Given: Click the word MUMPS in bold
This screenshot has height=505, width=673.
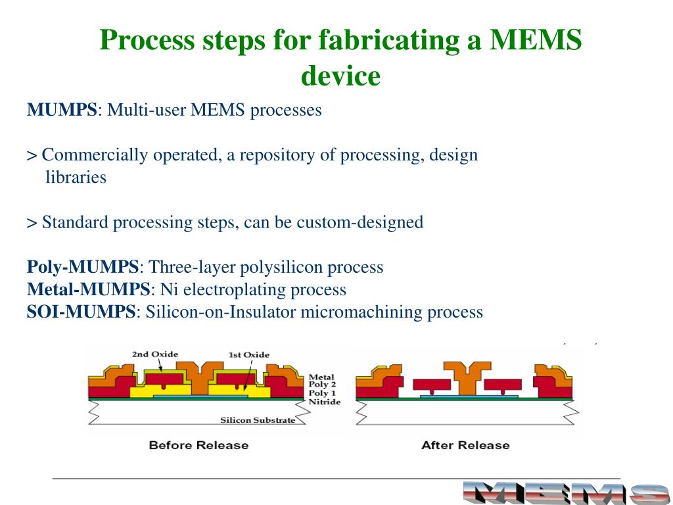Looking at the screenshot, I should [x=62, y=110].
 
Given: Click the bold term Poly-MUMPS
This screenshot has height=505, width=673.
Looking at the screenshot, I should [x=83, y=267].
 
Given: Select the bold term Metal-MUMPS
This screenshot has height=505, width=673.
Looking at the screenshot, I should [x=89, y=289].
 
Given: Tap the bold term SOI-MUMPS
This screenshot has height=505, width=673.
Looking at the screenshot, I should [x=81, y=312].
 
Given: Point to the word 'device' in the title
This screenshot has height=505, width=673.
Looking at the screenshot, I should [x=340, y=76].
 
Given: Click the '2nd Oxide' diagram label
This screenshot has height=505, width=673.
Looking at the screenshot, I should [x=155, y=354].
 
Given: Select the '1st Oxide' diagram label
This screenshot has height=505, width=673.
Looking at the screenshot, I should [x=248, y=354].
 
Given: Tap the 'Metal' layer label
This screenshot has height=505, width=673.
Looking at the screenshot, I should [x=321, y=377].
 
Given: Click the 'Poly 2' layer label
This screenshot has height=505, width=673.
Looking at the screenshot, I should [x=323, y=385].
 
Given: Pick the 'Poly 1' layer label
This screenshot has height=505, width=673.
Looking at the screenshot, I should [x=323, y=393].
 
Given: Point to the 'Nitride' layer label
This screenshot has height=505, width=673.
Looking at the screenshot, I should [x=324, y=402].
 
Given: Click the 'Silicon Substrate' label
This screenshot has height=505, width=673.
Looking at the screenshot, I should [x=258, y=420].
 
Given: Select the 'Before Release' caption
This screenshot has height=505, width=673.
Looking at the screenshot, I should [x=198, y=445].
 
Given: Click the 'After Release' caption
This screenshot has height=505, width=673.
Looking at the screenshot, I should [x=465, y=445].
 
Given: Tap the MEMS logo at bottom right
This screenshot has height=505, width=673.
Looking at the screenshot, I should [x=566, y=493].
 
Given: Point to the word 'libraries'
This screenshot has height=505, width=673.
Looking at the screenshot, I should [x=76, y=178].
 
